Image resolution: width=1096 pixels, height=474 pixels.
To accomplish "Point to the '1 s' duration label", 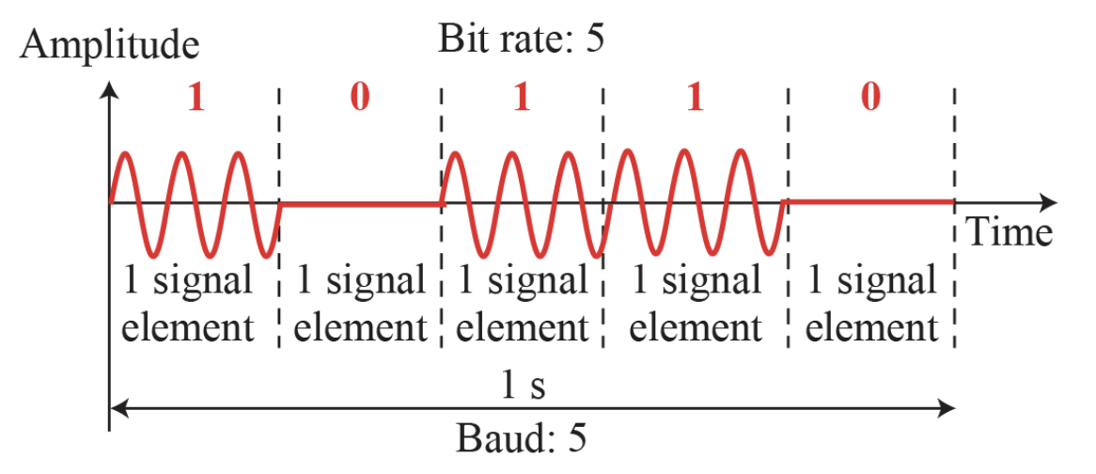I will click(x=521, y=386).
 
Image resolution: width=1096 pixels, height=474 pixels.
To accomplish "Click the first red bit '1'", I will click(x=195, y=98).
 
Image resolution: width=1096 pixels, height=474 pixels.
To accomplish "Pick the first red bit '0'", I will click(x=359, y=98).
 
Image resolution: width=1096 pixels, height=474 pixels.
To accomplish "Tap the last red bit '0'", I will click(x=871, y=98).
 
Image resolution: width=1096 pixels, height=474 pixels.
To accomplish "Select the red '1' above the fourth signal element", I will click(x=694, y=98).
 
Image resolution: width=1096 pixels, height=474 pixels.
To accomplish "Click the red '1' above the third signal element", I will click(x=523, y=98).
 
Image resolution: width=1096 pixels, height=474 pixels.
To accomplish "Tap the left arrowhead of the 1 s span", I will click(x=117, y=408).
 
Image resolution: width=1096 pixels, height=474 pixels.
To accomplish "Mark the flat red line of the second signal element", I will click(x=360, y=202).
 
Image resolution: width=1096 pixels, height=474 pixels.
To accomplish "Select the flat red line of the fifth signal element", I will click(x=871, y=202).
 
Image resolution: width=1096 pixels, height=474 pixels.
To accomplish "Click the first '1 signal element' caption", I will click(x=191, y=303).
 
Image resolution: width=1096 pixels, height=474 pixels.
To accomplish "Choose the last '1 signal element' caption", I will click(x=872, y=303).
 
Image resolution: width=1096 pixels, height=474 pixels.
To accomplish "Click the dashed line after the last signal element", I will click(x=955, y=150).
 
